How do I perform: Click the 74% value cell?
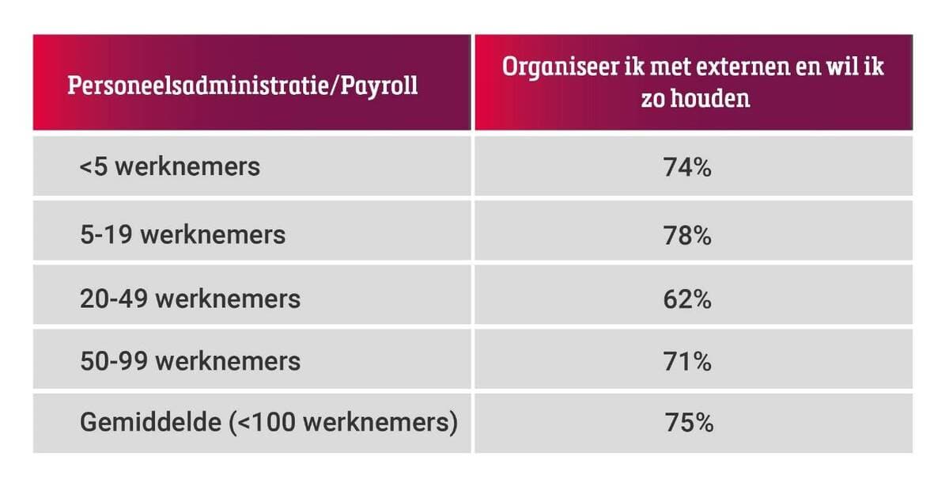coord(687,168)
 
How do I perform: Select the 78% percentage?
coord(687,235)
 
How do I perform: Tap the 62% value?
coord(687,300)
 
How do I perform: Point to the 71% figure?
coord(687,362)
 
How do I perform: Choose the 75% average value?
coord(689,423)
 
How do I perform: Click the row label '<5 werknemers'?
coord(169,168)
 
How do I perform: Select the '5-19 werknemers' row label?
coord(183,235)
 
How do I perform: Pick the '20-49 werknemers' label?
coord(190,300)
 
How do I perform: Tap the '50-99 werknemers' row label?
coord(190,362)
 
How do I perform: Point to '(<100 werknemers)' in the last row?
coord(343,423)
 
